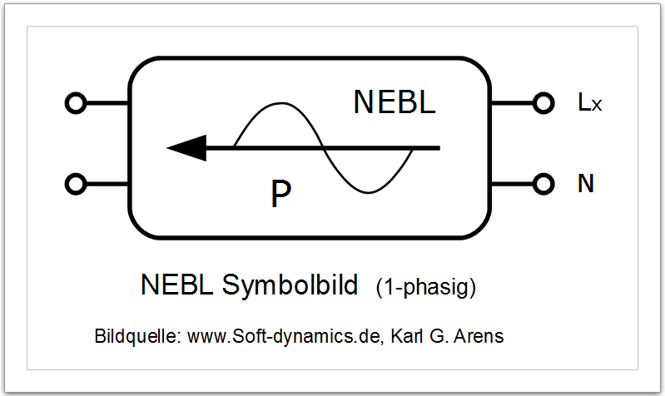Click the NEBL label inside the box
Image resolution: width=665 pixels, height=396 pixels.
(395, 102)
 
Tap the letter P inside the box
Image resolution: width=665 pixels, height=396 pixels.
(281, 194)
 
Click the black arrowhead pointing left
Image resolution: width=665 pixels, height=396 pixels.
(186, 148)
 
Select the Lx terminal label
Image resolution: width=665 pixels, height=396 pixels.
(589, 103)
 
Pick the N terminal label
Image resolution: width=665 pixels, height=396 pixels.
(586, 184)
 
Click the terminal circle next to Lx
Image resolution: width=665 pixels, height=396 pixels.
(543, 104)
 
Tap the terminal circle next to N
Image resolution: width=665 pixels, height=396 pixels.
(543, 184)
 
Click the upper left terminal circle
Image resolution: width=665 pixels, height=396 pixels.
(76, 104)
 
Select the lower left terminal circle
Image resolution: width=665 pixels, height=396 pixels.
(76, 184)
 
